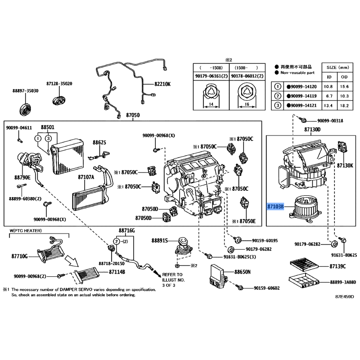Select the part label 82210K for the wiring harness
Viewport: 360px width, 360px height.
[163, 84]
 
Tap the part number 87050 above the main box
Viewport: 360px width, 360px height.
[133, 116]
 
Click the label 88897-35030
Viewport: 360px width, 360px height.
[25, 90]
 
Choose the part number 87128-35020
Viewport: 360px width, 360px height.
[59, 84]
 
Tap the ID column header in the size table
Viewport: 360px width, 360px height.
[329, 77]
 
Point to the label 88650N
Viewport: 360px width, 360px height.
[243, 272]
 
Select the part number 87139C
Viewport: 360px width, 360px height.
[337, 267]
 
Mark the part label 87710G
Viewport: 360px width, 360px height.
[20, 256]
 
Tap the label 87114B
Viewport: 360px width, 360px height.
[117, 272]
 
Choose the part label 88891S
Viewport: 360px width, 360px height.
[159, 241]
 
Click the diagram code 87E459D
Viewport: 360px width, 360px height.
[344, 297]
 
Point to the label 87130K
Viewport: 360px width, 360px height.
[345, 166]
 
